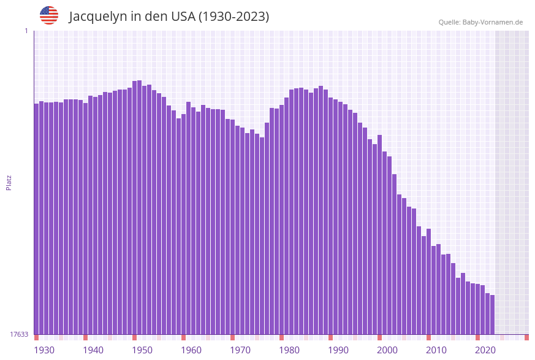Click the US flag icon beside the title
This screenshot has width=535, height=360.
tap(49, 15)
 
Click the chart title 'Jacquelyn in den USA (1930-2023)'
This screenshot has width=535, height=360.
tap(169, 17)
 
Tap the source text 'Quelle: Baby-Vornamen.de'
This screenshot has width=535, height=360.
tap(480, 22)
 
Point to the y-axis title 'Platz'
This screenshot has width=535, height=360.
tap(9, 182)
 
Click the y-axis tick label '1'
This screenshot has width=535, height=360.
tap(26, 31)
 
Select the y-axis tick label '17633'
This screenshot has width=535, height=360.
tap(19, 334)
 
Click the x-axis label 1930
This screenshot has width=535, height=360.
tap(44, 350)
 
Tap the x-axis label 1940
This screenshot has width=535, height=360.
tap(93, 350)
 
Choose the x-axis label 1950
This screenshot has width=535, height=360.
tap(142, 350)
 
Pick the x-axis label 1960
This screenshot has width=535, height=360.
tap(191, 350)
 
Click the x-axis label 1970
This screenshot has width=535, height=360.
tap(240, 350)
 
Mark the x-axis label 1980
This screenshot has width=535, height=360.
tap(289, 350)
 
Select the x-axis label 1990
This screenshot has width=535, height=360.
tap(338, 350)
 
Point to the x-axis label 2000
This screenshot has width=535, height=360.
tap(387, 350)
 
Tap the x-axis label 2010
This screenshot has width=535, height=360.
tap(436, 350)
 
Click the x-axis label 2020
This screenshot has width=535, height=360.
tap(485, 350)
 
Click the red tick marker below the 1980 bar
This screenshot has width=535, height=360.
tap(281, 337)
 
